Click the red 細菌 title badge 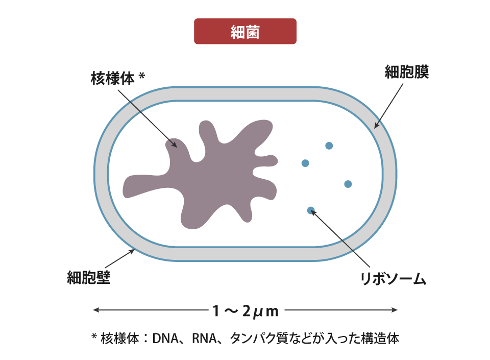pyautogui.click(x=245, y=32)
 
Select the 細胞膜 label pyautogui.click(x=406, y=73)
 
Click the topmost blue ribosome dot pyautogui.click(x=329, y=146)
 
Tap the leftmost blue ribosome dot pyautogui.click(x=305, y=163)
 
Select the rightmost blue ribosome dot pyautogui.click(x=348, y=184)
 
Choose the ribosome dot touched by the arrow pyautogui.click(x=310, y=209)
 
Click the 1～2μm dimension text pyautogui.click(x=245, y=310)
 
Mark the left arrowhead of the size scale pyautogui.click(x=95, y=310)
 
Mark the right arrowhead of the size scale pyautogui.click(x=395, y=310)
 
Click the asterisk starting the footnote pyautogui.click(x=94, y=337)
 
